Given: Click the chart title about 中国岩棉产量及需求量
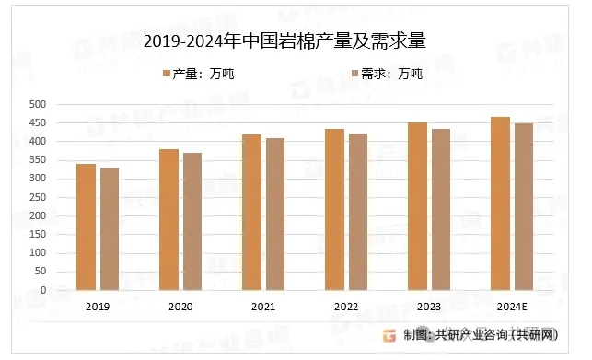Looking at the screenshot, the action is click(x=284, y=41).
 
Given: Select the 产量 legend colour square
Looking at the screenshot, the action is click(x=167, y=74).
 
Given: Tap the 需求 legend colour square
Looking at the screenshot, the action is click(x=354, y=74).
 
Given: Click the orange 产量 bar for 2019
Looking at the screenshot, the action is click(x=86, y=227).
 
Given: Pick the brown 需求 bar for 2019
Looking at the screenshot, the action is click(x=110, y=229).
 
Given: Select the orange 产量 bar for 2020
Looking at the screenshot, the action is click(x=168, y=219).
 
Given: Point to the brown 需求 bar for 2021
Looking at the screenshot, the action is click(x=275, y=215).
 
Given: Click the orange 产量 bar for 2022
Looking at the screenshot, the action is click(x=334, y=210).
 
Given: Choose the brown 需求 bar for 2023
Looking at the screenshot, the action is click(x=441, y=210).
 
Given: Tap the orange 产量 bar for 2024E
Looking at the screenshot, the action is click(x=500, y=203).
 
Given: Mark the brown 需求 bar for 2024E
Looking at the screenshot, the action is click(x=524, y=206).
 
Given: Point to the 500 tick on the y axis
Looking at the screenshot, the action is click(x=38, y=104).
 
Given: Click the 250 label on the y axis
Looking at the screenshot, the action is click(x=38, y=197).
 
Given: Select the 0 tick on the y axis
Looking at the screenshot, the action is click(x=43, y=290).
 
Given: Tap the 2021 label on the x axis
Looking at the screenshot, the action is click(x=263, y=307).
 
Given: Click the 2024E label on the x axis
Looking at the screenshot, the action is click(x=512, y=307).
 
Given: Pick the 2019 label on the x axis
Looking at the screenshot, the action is click(x=98, y=307).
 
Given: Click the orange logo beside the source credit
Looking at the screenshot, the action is click(x=389, y=335).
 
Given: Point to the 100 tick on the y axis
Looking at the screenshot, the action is click(x=38, y=252).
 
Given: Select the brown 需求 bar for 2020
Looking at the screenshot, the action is click(x=192, y=222).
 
